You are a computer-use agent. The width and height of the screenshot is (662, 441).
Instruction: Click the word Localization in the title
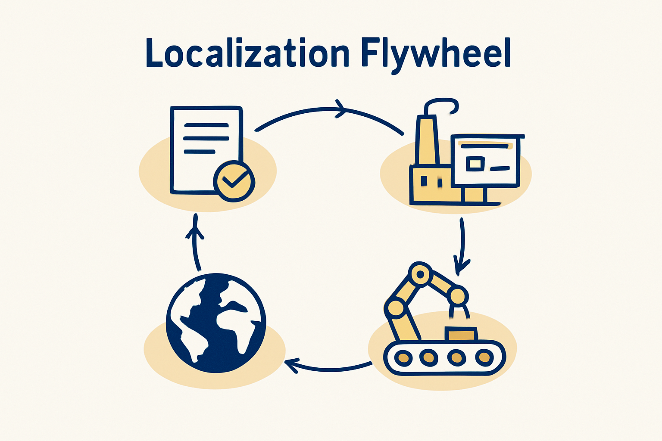click(248, 53)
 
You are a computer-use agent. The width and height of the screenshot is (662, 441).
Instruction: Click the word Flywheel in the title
click(436, 56)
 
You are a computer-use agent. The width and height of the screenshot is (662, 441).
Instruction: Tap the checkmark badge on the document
click(234, 181)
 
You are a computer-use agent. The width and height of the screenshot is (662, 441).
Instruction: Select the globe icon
click(216, 323)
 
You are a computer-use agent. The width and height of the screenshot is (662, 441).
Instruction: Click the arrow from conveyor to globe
click(328, 369)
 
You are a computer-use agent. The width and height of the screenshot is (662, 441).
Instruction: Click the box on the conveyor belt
click(461, 334)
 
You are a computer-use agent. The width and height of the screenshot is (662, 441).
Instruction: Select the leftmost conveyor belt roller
click(403, 358)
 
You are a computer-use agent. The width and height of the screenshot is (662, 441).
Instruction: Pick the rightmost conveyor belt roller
click(484, 357)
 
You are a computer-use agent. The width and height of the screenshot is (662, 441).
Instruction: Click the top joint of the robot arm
click(420, 274)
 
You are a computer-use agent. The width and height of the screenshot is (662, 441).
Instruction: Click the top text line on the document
click(206, 125)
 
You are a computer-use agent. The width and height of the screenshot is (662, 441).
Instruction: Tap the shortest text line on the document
click(200, 152)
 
